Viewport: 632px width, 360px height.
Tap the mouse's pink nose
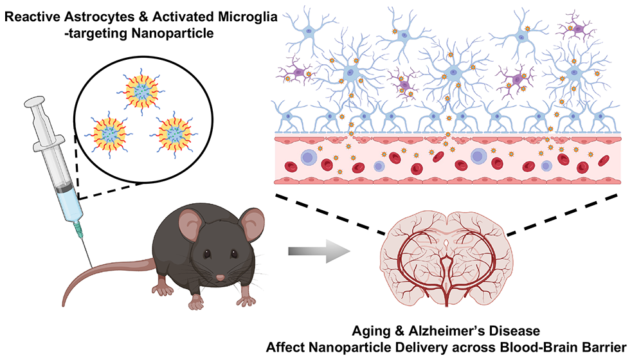coord(220,278)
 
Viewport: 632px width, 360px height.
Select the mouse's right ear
coord(253,223)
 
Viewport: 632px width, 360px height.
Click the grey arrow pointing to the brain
coord(319,251)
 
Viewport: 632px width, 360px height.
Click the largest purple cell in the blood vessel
coord(478,156)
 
